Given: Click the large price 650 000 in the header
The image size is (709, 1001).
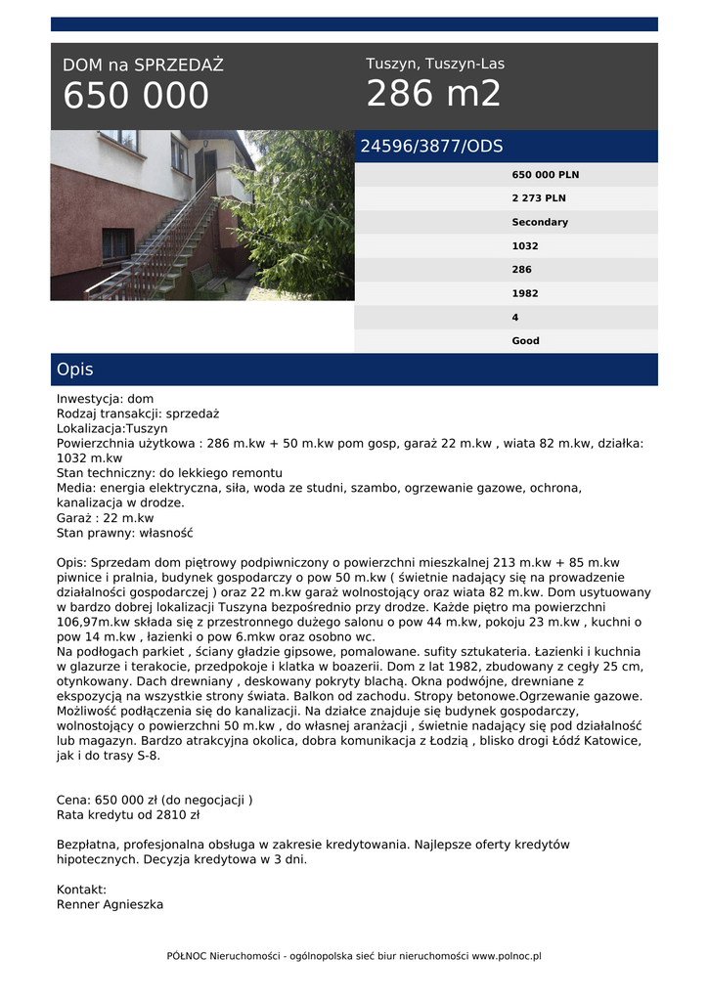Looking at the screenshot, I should coord(136,96).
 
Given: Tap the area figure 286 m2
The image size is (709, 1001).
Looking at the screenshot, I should coord(433,94).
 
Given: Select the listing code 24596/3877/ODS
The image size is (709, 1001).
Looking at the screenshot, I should coord(431,147).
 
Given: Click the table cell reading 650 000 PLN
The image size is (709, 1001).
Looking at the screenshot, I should coord(545,175).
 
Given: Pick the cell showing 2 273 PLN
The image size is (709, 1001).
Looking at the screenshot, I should coord(538,198).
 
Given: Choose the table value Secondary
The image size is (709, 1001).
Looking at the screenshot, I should coord(539,222).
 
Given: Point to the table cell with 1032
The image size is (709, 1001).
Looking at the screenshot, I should coord(525,246).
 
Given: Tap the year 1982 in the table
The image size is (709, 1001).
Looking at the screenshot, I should coord(525,293).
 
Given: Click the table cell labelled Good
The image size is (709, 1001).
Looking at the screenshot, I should coord(525,341).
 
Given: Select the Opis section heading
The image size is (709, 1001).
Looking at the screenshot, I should coord(75,370).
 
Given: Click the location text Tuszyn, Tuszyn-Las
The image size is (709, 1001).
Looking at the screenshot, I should coord(435,64).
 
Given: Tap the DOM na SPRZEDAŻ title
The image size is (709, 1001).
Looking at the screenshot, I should coord(143,65).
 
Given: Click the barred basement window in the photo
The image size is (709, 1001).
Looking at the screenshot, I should coord(116,244).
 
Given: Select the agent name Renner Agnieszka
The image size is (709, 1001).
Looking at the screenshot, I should coord(110,904).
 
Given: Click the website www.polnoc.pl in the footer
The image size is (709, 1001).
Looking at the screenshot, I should coord(507,956).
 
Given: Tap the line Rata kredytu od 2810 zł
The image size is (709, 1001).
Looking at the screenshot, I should coord(128,814).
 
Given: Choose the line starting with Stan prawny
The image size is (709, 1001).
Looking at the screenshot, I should coord(125,533).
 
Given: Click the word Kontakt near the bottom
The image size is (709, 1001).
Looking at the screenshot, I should coord(81,890).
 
